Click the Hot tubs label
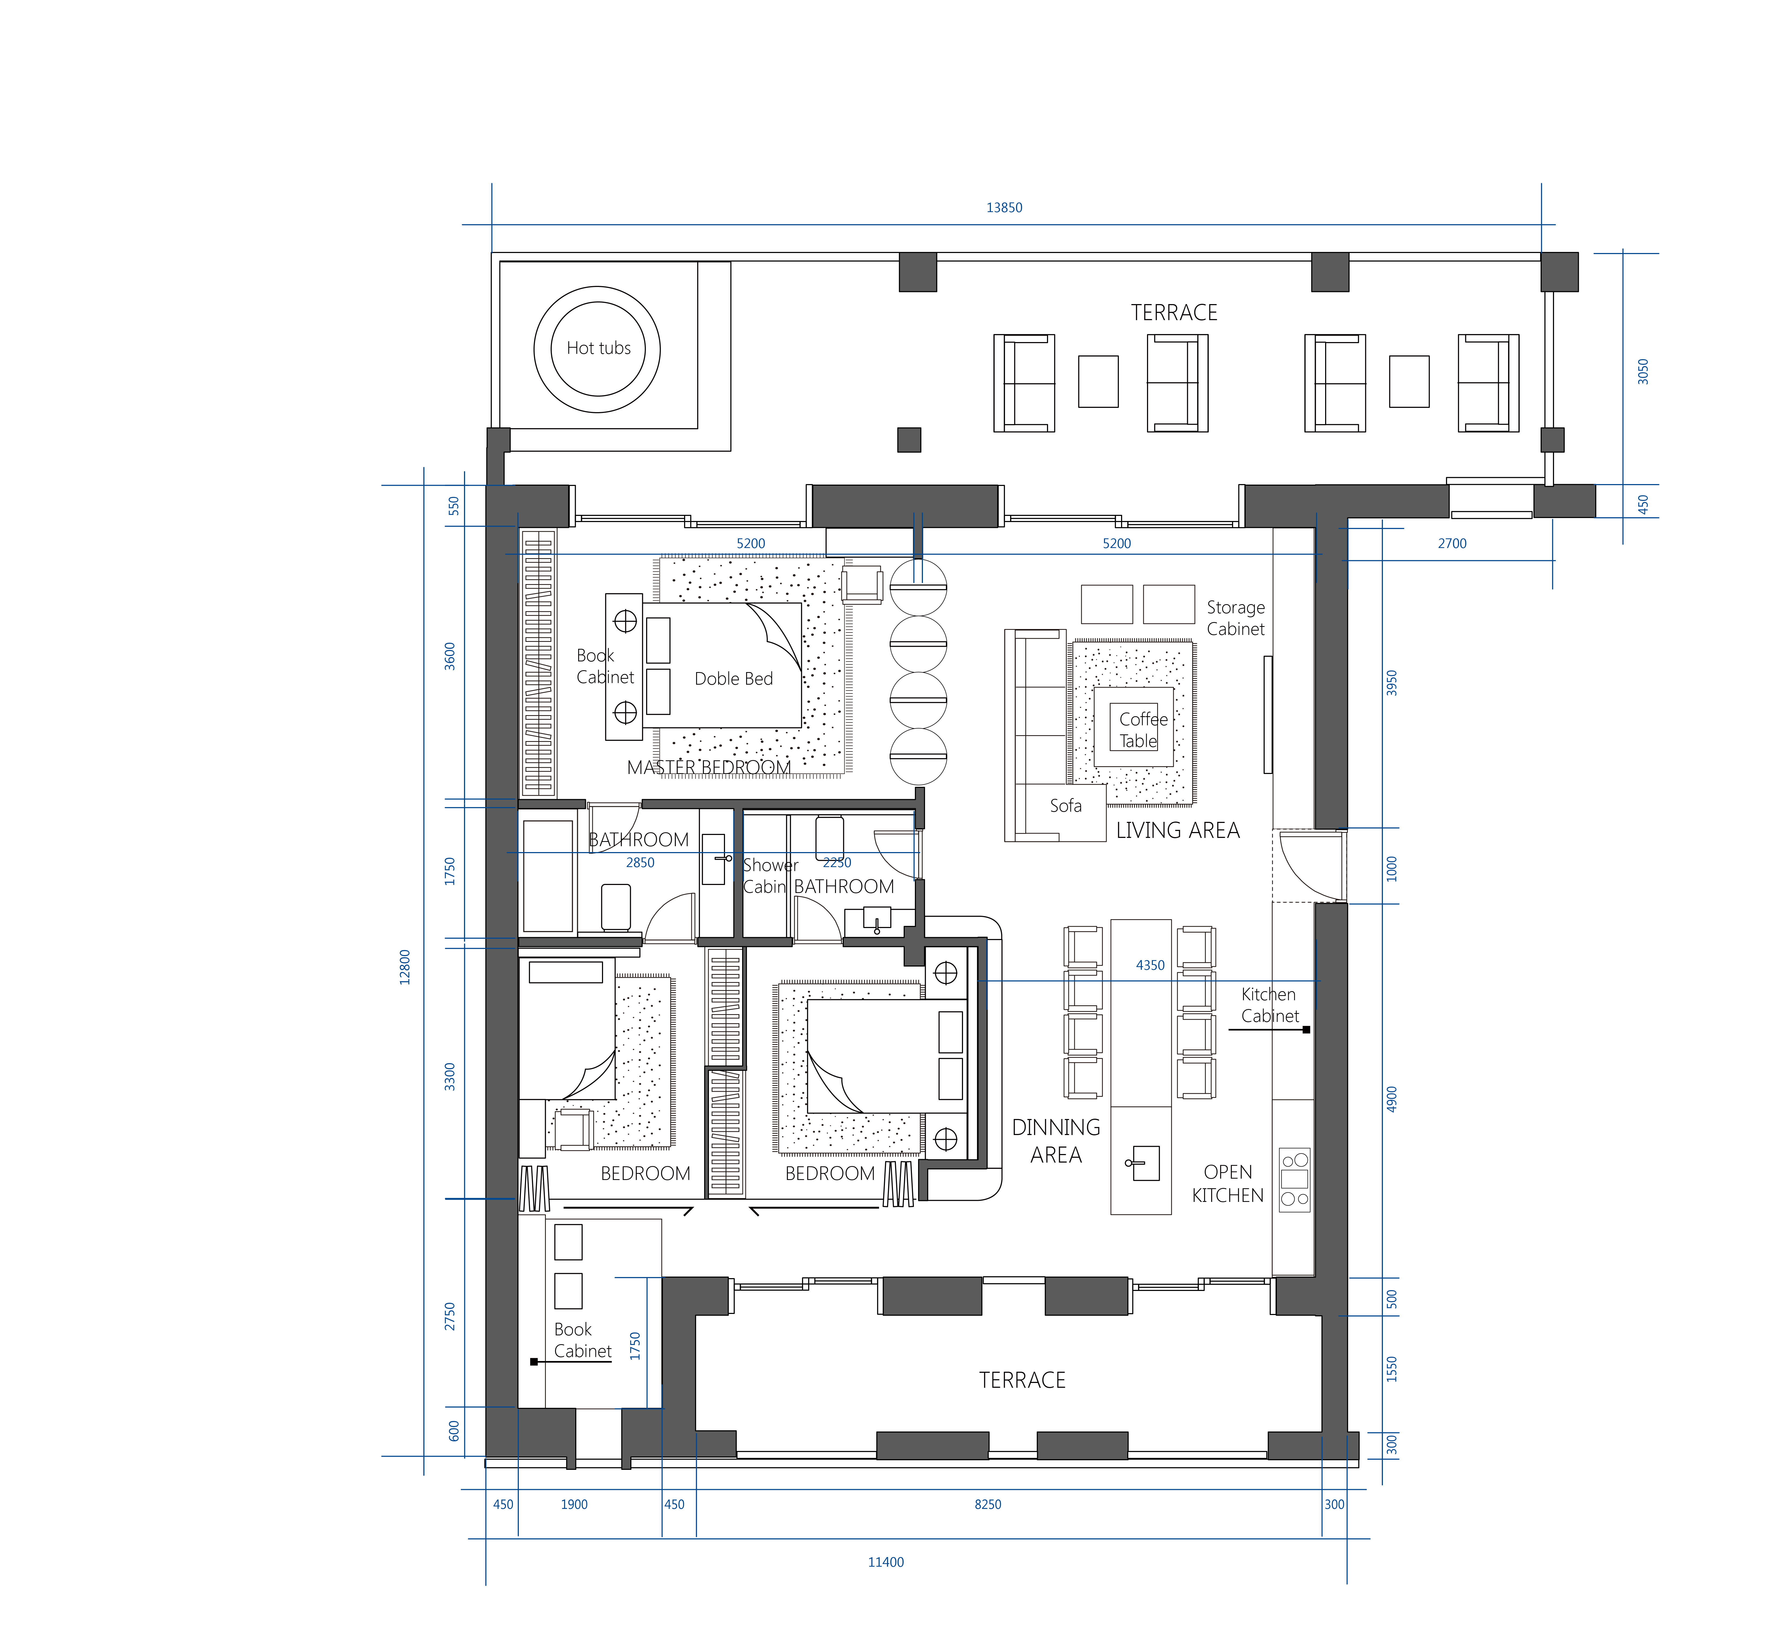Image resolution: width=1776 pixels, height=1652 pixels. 599,348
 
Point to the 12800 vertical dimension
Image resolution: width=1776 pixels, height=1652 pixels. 405,967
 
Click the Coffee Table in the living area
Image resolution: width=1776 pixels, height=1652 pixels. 1134,726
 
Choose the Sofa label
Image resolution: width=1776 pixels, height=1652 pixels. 1066,806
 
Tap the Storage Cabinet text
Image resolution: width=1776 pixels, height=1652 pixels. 1236,618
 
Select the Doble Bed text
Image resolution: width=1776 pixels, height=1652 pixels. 734,679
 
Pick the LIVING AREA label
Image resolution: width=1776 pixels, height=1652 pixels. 1177,831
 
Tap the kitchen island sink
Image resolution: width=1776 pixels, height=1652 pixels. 1144,1163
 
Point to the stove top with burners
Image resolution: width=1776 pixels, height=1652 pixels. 1294,1179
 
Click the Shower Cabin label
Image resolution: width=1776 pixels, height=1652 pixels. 770,876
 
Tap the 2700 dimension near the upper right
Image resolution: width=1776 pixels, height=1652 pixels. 1452,543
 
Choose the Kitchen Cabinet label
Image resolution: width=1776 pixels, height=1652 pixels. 1269,1005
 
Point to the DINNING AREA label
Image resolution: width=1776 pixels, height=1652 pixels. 1056,1141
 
